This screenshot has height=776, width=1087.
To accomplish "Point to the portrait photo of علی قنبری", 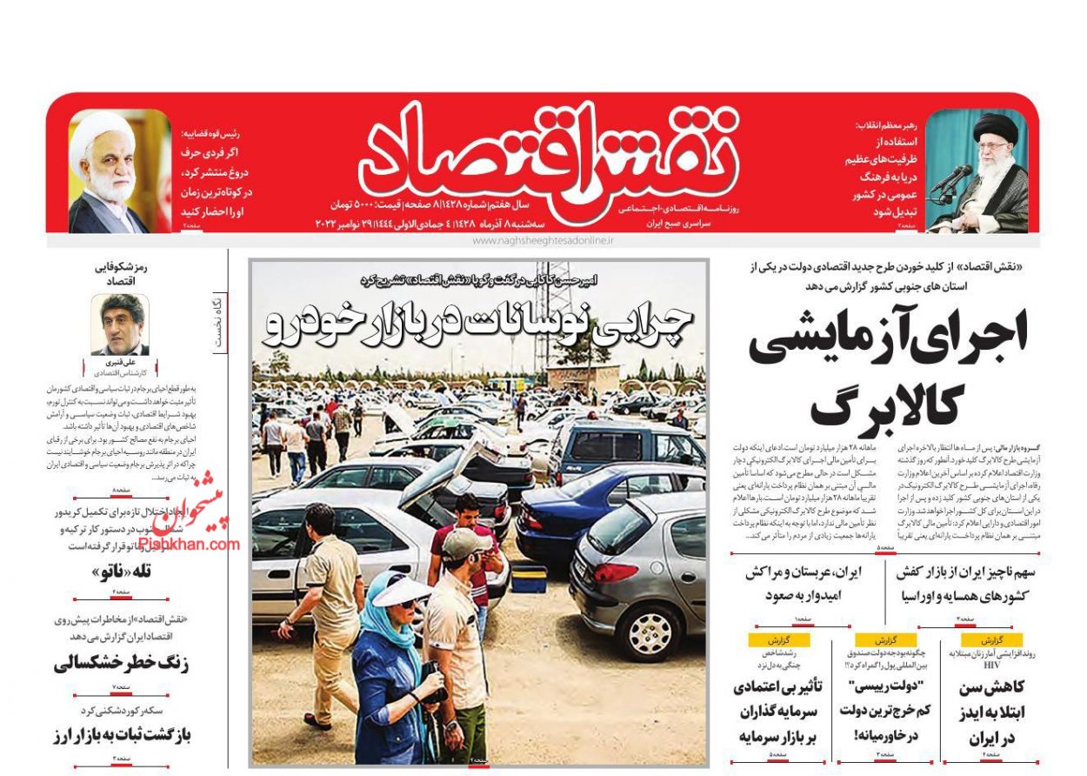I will point(120,324).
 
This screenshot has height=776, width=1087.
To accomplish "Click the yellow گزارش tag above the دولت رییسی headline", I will point(885,639).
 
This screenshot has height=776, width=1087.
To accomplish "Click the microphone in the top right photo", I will point(954,180).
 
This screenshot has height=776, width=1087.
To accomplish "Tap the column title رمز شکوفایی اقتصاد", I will point(121,275).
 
